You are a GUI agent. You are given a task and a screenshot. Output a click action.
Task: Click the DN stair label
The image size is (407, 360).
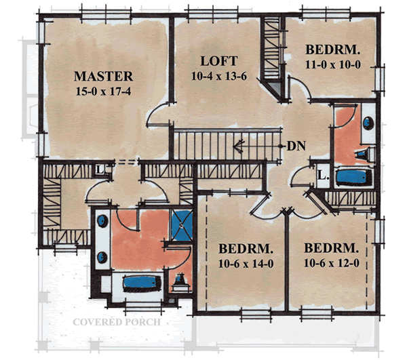click(296, 145)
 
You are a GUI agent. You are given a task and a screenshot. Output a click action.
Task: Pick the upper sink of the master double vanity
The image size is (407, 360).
click(103, 221)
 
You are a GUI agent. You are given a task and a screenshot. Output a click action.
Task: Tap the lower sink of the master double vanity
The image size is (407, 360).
click(103, 256)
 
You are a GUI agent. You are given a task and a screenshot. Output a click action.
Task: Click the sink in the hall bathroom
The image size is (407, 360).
click(368, 123)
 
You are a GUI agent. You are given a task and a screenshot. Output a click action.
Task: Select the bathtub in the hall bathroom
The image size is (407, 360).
click(355, 178)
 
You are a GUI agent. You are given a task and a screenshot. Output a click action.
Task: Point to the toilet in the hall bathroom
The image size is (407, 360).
click(367, 155)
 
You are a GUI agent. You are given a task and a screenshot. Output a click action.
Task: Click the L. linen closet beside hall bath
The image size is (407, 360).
click(323, 176)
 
